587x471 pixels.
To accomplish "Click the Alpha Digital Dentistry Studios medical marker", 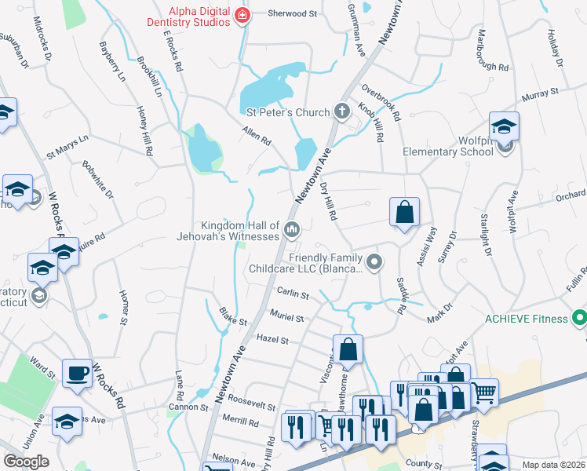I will click(x=242, y=16).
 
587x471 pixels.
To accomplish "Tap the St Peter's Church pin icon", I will click(x=341, y=111).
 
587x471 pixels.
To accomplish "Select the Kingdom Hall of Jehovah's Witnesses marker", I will click(x=292, y=230).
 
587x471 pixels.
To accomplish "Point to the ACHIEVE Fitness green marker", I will click(x=579, y=319).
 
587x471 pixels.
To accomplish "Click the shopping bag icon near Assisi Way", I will click(x=404, y=211).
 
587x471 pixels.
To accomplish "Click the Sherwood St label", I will click(x=291, y=14).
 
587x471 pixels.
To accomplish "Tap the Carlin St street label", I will click(x=293, y=292).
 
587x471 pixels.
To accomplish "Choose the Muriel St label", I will click(x=288, y=318).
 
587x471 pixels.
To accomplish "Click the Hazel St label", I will click(x=273, y=340).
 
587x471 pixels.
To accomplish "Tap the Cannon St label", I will click(x=188, y=407).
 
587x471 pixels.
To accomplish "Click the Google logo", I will click(x=26, y=462).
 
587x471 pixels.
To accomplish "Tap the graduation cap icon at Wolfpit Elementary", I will click(x=504, y=126).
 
